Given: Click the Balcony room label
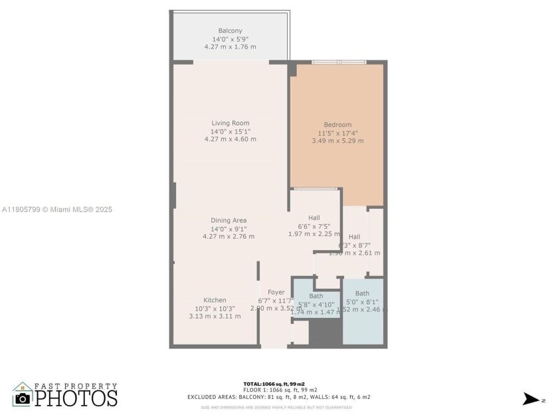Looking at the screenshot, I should click(230, 31).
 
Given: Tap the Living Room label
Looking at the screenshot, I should click(230, 123).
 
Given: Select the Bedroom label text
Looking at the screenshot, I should click(337, 125).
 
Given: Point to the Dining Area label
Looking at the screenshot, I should click(229, 221).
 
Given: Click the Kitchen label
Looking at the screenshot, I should click(215, 301).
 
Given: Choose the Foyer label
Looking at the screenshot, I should click(276, 293).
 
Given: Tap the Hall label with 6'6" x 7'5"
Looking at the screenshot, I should click(314, 218).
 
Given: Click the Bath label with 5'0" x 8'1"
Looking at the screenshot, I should click(362, 293).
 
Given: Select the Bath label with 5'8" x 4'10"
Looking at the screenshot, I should click(316, 296).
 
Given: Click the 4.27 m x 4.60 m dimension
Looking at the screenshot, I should click(230, 139).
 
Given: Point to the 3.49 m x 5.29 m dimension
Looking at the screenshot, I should click(337, 141).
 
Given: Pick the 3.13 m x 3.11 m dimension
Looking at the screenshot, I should click(215, 316).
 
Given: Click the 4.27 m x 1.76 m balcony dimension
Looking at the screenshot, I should click(230, 47).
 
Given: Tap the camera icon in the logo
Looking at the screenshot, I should click(23, 398).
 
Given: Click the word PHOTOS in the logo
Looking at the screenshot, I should click(76, 398).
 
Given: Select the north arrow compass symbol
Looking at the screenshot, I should click(533, 399).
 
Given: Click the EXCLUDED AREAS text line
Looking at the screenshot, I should click(278, 397).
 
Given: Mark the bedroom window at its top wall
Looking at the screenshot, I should click(339, 63).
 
